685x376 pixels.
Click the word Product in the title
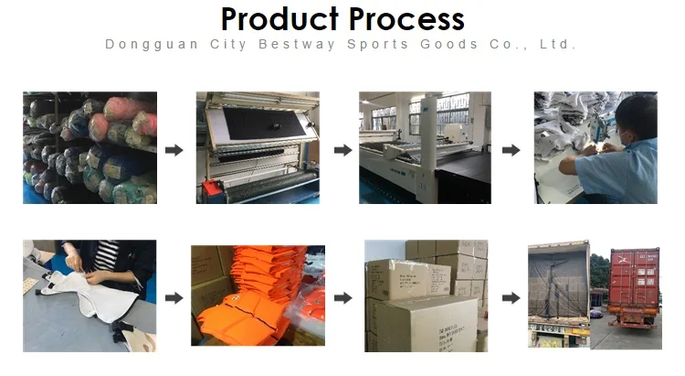point(278,19)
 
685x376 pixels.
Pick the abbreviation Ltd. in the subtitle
point(557,44)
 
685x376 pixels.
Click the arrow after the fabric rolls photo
point(174,150)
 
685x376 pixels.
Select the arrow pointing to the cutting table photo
point(342,150)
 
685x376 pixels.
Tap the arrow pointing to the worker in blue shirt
point(511,150)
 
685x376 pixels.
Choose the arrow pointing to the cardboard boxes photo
point(342,297)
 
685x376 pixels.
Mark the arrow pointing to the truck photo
point(511,297)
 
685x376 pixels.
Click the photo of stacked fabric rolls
point(89,147)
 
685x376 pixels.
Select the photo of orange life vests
point(258,295)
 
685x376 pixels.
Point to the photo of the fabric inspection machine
point(257,147)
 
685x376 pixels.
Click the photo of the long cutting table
point(425,147)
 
